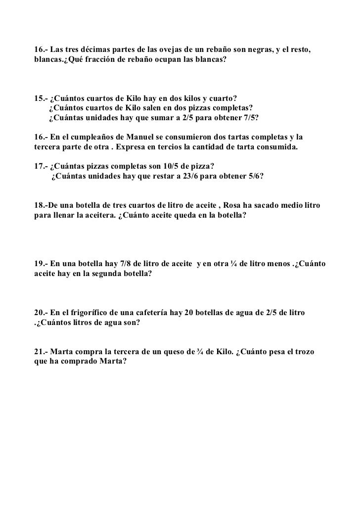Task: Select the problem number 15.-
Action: [x=41, y=98]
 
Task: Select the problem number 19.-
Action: [x=41, y=262]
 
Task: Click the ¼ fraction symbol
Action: [x=233, y=262]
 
